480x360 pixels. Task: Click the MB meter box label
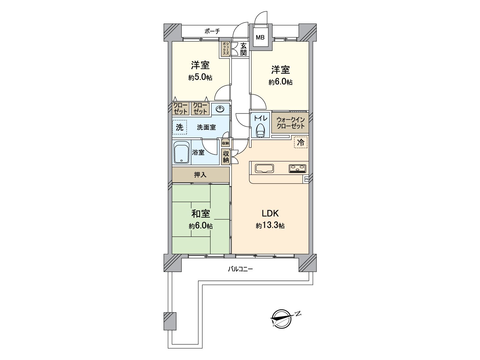point(260,37)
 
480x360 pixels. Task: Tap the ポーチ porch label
point(212,31)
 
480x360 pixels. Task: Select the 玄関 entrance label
point(243,49)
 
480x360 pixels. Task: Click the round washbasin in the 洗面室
point(220,109)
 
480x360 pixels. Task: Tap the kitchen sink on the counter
point(264,168)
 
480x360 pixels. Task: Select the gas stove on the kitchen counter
point(298,168)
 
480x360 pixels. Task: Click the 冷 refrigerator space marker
point(300,143)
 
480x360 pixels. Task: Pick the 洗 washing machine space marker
point(179,127)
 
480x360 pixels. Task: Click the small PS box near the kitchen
point(306,179)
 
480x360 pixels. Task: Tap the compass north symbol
point(281,318)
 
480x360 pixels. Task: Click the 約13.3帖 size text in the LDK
point(270,226)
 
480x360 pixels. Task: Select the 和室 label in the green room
point(201,214)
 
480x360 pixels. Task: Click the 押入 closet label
point(200,175)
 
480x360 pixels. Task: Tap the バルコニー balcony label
point(240,269)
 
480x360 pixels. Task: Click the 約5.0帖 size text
point(200,77)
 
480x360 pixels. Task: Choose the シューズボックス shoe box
point(225,49)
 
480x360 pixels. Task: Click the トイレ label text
point(260,118)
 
